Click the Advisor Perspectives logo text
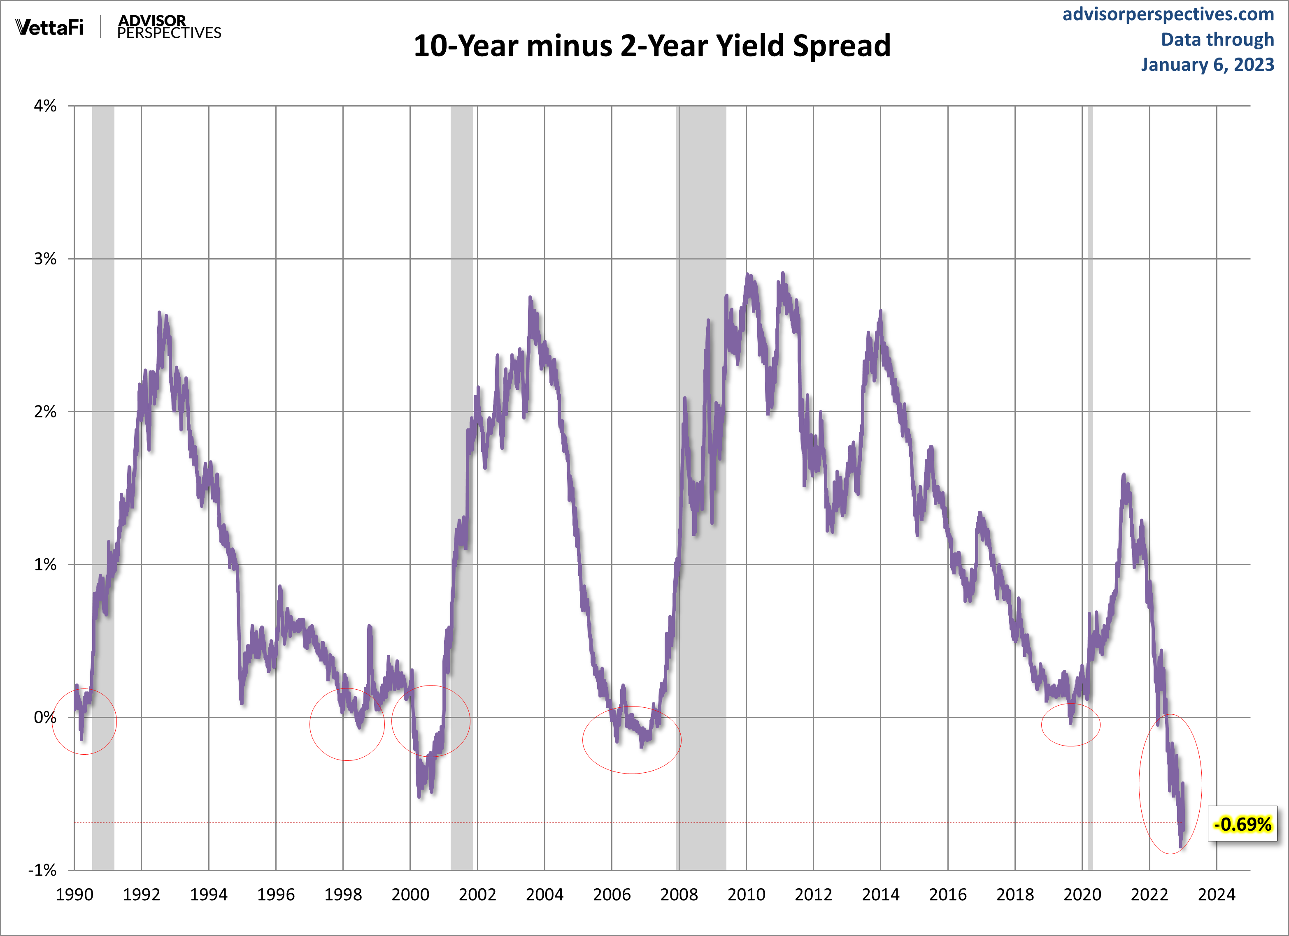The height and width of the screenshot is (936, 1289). coord(169,27)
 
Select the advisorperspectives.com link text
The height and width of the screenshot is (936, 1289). coord(1168,14)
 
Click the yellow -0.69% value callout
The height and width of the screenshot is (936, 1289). coord(1242,824)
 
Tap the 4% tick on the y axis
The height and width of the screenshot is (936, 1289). coord(45,106)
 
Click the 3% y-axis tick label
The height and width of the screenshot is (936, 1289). coord(45,259)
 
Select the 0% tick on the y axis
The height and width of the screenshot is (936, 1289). coord(45,717)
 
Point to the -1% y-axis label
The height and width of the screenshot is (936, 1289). coord(43,870)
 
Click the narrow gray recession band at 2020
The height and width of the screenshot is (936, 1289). coord(1090,398)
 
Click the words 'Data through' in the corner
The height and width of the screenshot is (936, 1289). coord(1217,39)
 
